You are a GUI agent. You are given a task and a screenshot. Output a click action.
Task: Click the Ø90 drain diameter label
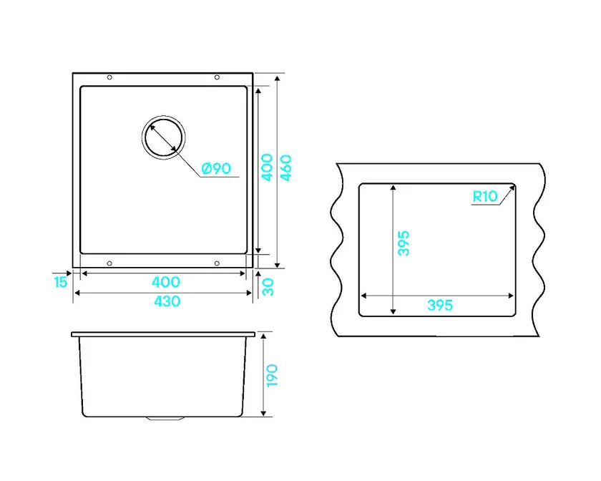tap(216, 168)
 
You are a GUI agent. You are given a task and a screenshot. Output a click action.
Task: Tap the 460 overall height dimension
tap(285, 167)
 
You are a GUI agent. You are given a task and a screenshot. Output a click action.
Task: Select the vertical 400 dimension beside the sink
tap(267, 167)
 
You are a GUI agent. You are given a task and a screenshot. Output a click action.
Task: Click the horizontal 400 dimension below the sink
tap(165, 282)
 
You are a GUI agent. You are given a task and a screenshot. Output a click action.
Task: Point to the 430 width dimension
tap(167, 301)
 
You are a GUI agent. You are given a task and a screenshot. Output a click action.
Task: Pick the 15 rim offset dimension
tap(60, 282)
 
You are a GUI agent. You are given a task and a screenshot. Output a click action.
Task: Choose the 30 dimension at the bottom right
tap(268, 287)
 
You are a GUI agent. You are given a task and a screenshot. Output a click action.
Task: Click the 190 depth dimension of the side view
tap(271, 376)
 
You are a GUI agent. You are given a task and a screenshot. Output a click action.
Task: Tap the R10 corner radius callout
tap(485, 196)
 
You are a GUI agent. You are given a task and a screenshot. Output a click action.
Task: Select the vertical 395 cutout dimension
tap(404, 243)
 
